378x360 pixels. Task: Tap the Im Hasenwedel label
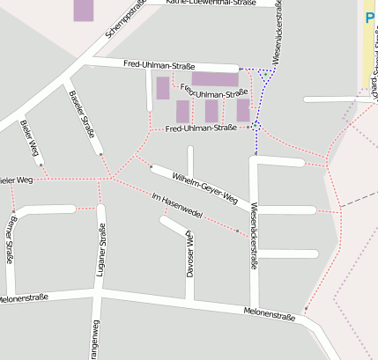tap(178, 206)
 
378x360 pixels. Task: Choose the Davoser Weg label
tap(189, 255)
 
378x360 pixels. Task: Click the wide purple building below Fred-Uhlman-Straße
tap(215, 79)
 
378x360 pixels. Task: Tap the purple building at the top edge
tap(83, 10)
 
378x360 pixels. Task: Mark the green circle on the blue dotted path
tap(256, 127)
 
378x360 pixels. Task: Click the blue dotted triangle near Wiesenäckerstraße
tap(263, 77)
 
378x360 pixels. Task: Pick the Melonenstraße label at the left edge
tap(24, 299)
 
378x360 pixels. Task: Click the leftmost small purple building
tap(163, 88)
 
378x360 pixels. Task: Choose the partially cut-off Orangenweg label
tap(95, 343)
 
